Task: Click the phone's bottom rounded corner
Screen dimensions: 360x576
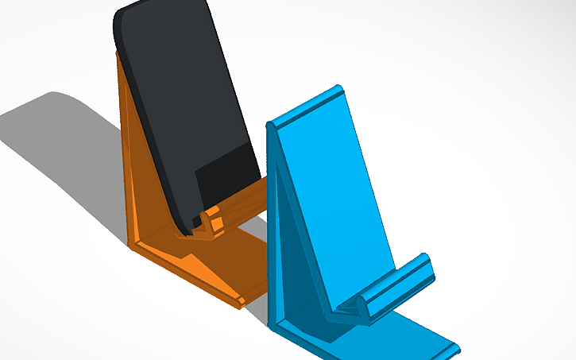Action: click(187, 230)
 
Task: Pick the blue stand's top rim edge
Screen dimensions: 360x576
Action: click(306, 107)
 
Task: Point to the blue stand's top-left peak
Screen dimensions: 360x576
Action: click(271, 126)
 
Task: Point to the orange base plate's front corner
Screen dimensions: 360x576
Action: click(241, 301)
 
